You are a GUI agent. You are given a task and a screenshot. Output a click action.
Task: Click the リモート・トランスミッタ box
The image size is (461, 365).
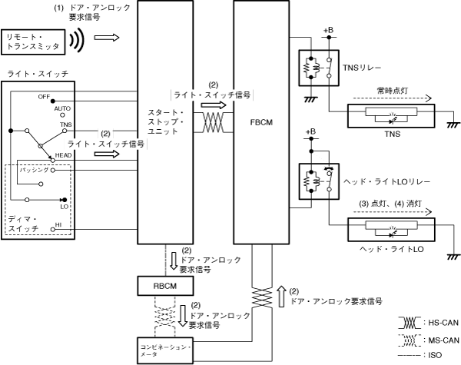point(34,41)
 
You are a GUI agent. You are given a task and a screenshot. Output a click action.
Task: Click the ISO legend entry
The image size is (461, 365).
point(439,356)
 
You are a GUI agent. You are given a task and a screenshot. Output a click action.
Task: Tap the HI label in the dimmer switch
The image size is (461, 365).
point(58,224)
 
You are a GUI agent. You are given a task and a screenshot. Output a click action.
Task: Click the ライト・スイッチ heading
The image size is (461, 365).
point(38,72)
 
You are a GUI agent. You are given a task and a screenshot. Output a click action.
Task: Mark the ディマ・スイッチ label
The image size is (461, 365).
point(24,224)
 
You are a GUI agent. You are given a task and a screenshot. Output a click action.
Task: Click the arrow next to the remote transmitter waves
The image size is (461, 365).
point(111,36)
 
